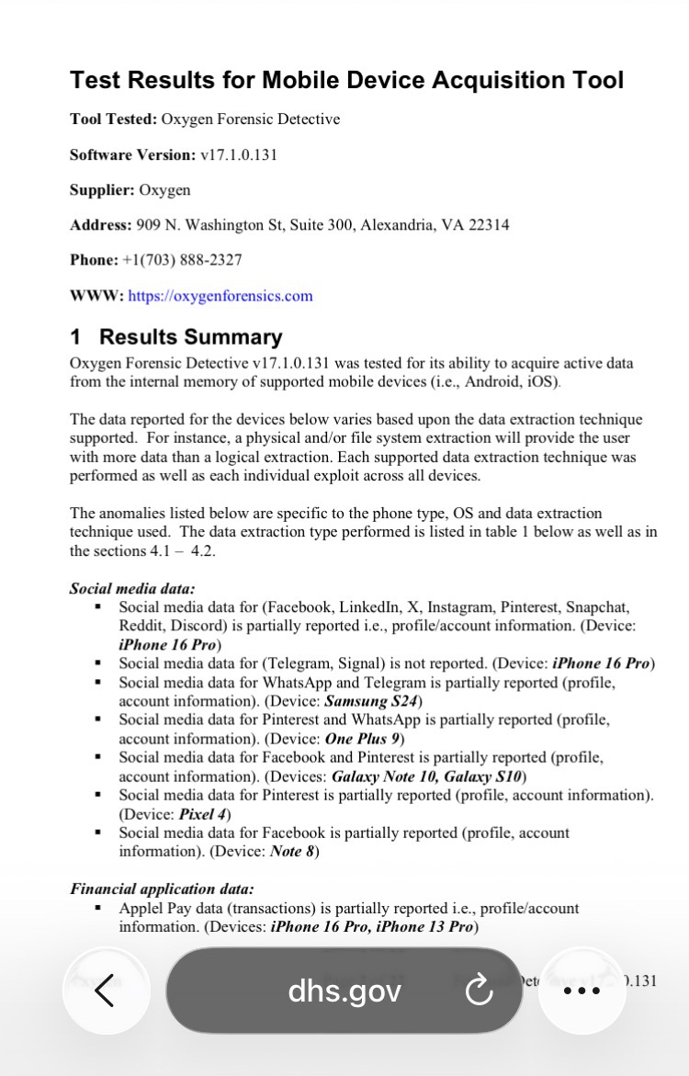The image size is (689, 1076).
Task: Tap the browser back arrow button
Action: pyautogui.click(x=106, y=991)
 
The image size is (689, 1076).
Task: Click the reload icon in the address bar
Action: pyautogui.click(x=479, y=991)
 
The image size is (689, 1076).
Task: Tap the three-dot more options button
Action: pyautogui.click(x=582, y=991)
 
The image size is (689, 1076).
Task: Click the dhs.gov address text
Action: pyautogui.click(x=344, y=991)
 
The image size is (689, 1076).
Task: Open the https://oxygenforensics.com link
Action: pyautogui.click(x=220, y=296)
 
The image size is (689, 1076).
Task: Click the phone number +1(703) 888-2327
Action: pyautogui.click(x=182, y=260)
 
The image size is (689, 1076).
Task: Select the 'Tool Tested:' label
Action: pyautogui.click(x=113, y=119)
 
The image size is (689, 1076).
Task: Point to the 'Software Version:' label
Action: pyautogui.click(x=132, y=154)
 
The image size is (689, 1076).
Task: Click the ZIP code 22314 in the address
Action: pyautogui.click(x=488, y=225)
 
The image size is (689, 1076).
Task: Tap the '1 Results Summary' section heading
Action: pyautogui.click(x=176, y=337)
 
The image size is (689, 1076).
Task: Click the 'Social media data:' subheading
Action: pyautogui.click(x=132, y=589)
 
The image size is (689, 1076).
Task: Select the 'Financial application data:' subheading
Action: pyautogui.click(x=162, y=889)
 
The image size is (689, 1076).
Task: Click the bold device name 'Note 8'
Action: pyautogui.click(x=293, y=851)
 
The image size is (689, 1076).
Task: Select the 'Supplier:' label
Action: pyautogui.click(x=102, y=190)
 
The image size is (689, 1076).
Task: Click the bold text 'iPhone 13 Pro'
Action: pyautogui.click(x=426, y=926)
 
